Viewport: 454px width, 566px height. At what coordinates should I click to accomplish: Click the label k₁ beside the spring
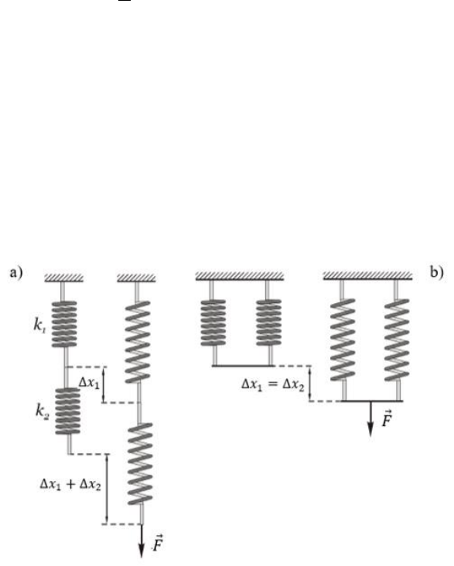(x=39, y=326)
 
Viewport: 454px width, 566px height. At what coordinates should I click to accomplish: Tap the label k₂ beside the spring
(x=42, y=411)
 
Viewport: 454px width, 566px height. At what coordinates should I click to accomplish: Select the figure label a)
(x=16, y=272)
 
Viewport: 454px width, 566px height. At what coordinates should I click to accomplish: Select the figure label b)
(x=437, y=271)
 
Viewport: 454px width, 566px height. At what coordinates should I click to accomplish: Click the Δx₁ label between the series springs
(x=89, y=383)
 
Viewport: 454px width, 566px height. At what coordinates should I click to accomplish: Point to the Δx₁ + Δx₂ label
(x=70, y=484)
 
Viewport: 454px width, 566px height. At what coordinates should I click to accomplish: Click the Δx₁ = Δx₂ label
(x=273, y=385)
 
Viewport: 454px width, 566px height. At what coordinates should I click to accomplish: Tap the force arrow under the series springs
(x=142, y=540)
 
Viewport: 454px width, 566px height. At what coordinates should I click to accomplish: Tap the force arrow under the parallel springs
(x=370, y=419)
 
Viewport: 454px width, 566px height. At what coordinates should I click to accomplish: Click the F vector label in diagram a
(x=157, y=543)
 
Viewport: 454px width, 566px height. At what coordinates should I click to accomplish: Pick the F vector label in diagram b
(x=387, y=419)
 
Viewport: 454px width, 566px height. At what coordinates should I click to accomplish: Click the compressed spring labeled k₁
(x=64, y=324)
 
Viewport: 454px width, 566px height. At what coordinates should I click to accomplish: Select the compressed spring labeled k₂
(x=67, y=411)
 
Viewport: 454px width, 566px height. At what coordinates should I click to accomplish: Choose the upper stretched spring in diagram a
(x=137, y=342)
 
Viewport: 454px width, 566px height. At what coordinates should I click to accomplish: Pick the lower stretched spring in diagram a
(x=140, y=464)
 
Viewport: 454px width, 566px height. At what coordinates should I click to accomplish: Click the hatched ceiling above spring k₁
(x=64, y=278)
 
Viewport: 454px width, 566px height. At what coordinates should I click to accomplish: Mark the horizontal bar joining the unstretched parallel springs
(x=243, y=366)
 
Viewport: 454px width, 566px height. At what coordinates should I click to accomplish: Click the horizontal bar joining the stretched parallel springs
(x=372, y=401)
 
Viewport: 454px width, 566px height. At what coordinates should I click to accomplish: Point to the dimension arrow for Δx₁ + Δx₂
(x=107, y=489)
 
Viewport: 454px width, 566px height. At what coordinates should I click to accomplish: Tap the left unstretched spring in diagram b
(x=213, y=323)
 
